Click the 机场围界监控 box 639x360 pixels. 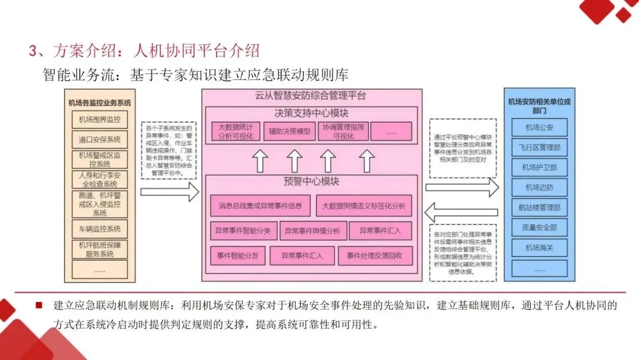pyautogui.click(x=99, y=120)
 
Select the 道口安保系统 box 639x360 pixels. pyautogui.click(x=99, y=140)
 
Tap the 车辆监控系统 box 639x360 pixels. pyautogui.click(x=99, y=229)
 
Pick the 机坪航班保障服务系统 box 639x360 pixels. pyautogui.click(x=99, y=249)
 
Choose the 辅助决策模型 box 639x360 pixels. pyautogui.click(x=289, y=131)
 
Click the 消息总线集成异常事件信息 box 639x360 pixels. pyautogui.click(x=260, y=206)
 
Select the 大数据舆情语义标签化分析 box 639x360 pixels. pyautogui.click(x=363, y=206)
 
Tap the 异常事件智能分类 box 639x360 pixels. pyautogui.click(x=243, y=231)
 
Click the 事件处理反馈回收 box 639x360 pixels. pyautogui.click(x=375, y=256)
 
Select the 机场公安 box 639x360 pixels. pyautogui.click(x=538, y=127)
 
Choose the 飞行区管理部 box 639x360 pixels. pyautogui.click(x=538, y=147)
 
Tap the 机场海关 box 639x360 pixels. pyautogui.click(x=538, y=247)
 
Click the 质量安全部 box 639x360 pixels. pyautogui.click(x=538, y=227)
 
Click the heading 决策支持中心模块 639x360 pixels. pyautogui.click(x=311, y=113)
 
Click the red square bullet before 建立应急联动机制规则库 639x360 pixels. pyautogui.click(x=40, y=306)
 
